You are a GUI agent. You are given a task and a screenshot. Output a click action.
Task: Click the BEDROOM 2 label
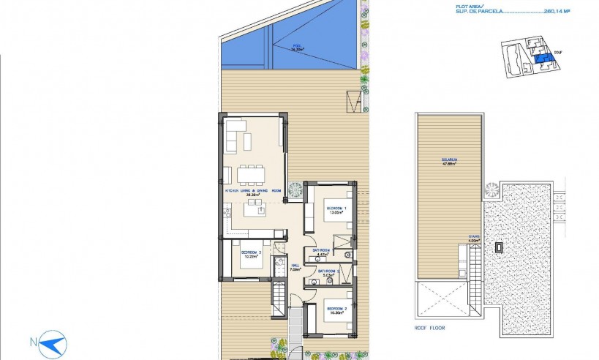(336, 310)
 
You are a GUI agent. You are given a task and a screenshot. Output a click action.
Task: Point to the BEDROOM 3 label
(251, 254)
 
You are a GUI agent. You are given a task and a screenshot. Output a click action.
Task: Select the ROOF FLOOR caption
(431, 328)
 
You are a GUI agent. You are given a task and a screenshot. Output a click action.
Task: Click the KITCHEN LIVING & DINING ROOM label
(253, 192)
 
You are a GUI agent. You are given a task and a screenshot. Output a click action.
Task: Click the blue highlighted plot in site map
(542, 59)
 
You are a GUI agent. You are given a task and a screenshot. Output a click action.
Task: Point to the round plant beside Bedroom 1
(295, 190)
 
